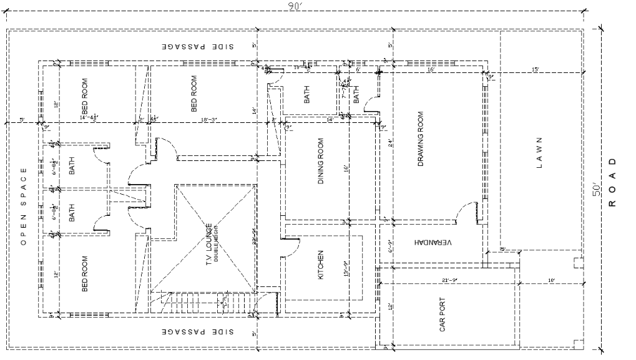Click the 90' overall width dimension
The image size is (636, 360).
(x=295, y=7)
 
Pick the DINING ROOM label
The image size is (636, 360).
(x=321, y=162)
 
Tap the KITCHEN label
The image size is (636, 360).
(x=321, y=265)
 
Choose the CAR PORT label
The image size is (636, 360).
(x=443, y=314)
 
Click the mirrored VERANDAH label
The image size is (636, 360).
(x=432, y=241)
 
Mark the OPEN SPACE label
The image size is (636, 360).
(x=23, y=207)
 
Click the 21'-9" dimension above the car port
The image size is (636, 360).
(x=449, y=281)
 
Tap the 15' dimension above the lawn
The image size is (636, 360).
(x=535, y=69)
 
